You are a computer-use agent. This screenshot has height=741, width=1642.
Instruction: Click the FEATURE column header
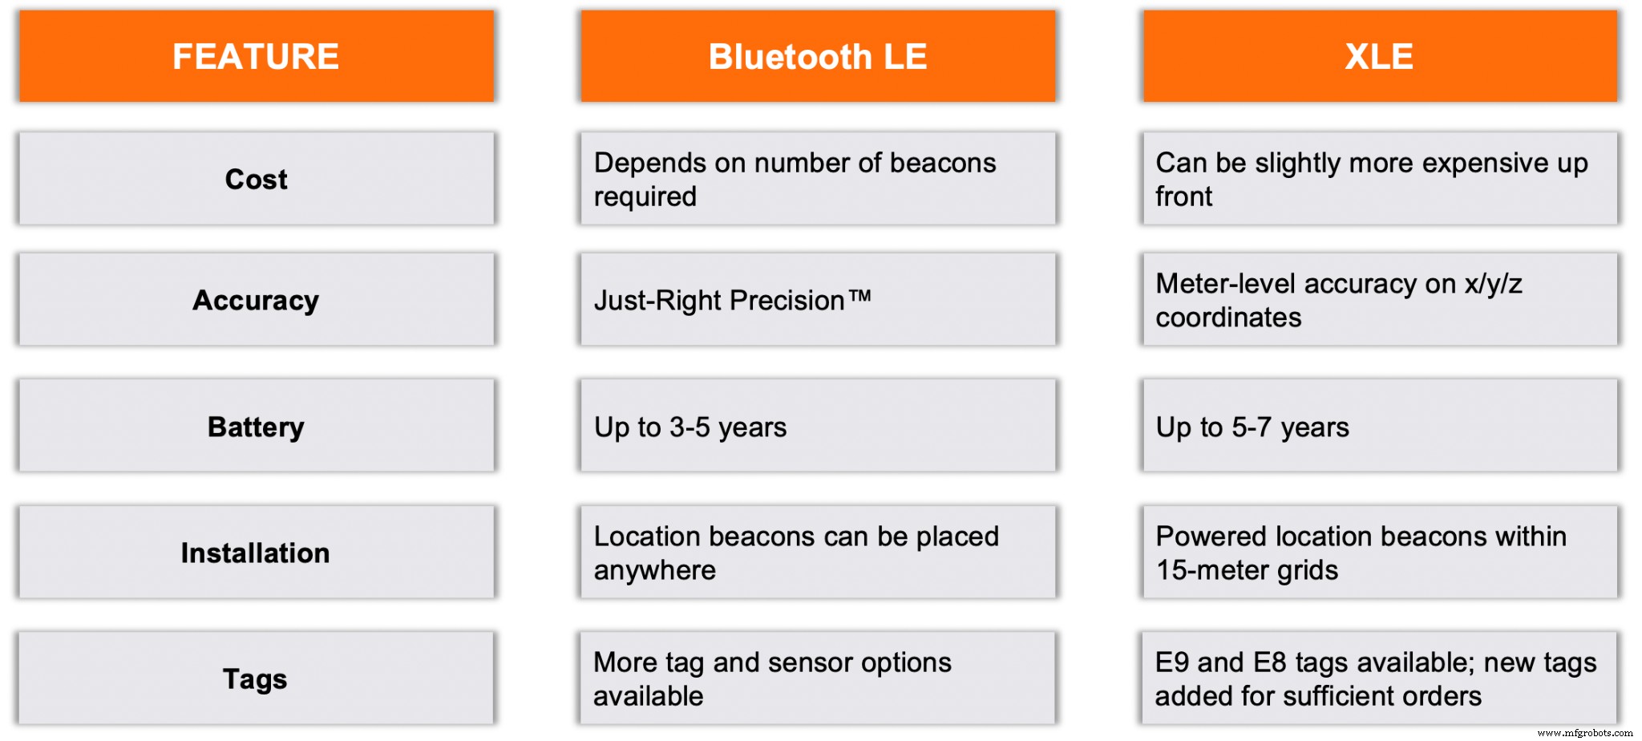pos(256,57)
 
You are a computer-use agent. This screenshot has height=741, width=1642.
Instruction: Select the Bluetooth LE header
pos(817,57)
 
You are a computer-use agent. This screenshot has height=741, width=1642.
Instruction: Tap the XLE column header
pos(1379,57)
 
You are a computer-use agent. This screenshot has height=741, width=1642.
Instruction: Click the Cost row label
pos(256,179)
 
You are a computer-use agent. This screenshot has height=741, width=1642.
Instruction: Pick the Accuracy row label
pos(256,300)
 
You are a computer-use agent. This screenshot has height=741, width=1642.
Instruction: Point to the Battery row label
pos(256,427)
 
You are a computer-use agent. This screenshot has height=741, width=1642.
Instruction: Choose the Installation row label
pos(255,553)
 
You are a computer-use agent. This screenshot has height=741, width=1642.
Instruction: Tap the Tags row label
pos(255,678)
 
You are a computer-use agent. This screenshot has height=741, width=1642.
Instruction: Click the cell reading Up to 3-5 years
pos(690,427)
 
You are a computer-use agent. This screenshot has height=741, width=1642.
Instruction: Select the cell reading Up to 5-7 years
pos(1252,427)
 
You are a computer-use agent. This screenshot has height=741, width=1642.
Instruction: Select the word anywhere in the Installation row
pos(654,570)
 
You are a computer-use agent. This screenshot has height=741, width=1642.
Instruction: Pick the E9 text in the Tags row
pos(1172,662)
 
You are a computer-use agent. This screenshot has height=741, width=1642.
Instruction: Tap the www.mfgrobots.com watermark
pos(1584,732)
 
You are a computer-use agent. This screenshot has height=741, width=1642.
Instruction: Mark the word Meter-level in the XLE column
pos(1225,284)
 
